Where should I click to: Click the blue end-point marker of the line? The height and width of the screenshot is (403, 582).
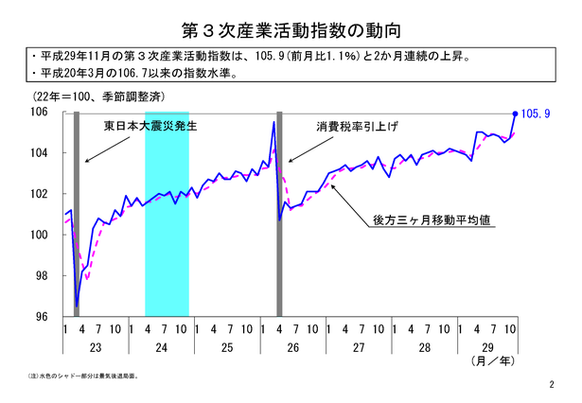tap(515, 113)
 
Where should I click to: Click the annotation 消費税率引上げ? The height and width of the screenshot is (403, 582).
tap(353, 127)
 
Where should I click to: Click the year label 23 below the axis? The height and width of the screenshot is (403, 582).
tap(95, 347)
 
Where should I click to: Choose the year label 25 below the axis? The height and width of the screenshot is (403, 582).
tap(227, 347)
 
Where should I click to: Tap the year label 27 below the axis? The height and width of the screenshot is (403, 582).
tap(359, 347)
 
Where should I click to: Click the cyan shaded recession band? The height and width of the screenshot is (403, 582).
tap(167, 213)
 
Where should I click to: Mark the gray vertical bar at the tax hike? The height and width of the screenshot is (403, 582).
tap(279, 213)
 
